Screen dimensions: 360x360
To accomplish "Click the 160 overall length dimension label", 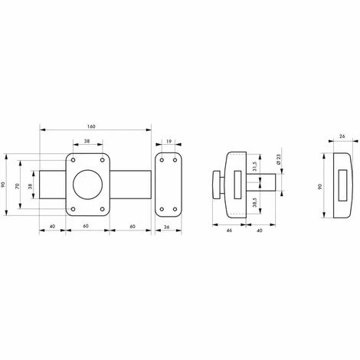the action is pos(91,126).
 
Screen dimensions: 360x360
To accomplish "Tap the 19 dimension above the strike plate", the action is pos(169,141).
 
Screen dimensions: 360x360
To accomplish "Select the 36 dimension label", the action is pos(166,227).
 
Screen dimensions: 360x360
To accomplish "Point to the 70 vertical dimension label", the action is pos(18,186).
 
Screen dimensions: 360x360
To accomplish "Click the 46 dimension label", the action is pos(229,231).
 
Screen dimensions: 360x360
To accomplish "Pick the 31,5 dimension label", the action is pos(254,166).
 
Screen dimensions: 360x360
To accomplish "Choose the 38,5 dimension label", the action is pos(254,202).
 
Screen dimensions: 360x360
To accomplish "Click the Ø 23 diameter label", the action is pos(278,159).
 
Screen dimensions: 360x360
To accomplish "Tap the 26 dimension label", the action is pos(342,136).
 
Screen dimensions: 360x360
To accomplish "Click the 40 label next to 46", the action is pos(259,231).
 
